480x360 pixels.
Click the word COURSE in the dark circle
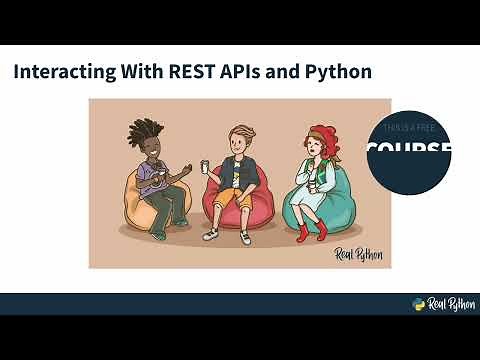click(x=408, y=151)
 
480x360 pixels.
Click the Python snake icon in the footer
click(x=420, y=305)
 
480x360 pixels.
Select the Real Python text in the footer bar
click(x=449, y=305)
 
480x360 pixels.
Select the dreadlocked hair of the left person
click(x=148, y=134)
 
